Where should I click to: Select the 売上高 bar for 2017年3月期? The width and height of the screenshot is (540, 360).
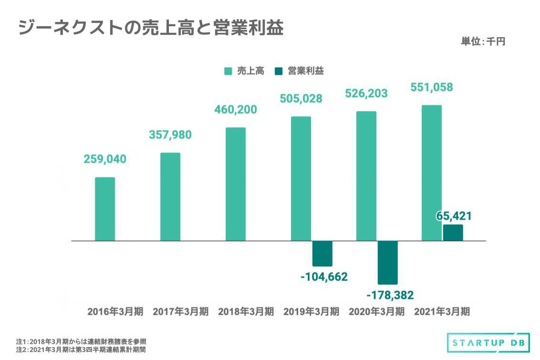pyautogui.click(x=170, y=196)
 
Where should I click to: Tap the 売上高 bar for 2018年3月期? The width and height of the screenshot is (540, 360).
pyautogui.click(x=236, y=184)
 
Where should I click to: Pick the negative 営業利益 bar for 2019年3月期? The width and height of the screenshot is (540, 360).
pyautogui.click(x=322, y=254)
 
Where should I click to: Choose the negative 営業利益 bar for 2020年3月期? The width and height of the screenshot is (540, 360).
pyautogui.click(x=387, y=262)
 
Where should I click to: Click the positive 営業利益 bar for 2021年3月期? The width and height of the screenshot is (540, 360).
pyautogui.click(x=453, y=233)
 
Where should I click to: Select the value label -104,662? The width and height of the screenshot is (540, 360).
pyautogui.click(x=324, y=277)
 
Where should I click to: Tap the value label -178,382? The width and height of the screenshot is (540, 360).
pyautogui.click(x=390, y=295)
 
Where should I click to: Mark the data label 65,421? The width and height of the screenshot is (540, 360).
pyautogui.click(x=454, y=216)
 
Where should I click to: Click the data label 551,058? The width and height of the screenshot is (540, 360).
pyautogui.click(x=432, y=87)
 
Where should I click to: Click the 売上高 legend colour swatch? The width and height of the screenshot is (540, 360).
pyautogui.click(x=228, y=72)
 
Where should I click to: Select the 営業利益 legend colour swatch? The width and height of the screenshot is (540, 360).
pyautogui.click(x=279, y=72)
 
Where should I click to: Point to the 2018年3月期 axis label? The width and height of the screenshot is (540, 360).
pyautogui.click(x=246, y=312)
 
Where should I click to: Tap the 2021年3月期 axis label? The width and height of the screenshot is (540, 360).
pyautogui.click(x=442, y=312)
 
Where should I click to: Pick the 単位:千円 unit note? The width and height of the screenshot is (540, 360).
pyautogui.click(x=483, y=42)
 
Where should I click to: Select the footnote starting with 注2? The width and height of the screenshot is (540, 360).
pyautogui.click(x=81, y=350)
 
